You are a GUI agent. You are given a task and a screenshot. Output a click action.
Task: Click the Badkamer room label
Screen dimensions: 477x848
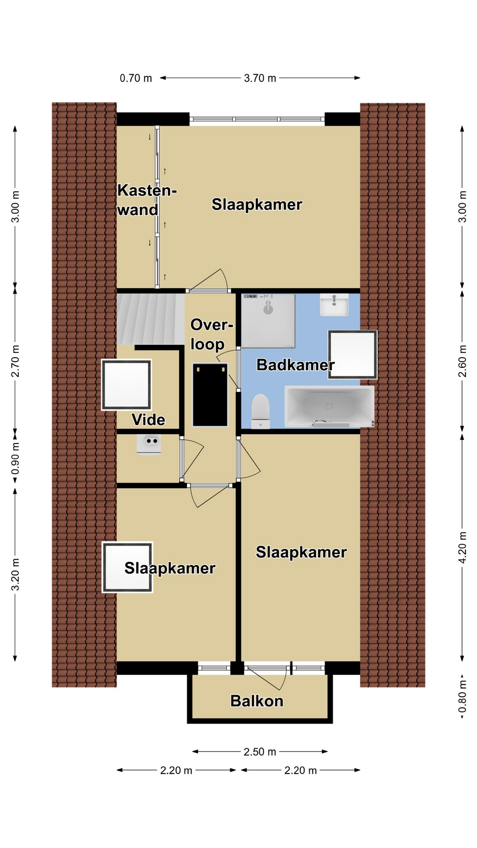tap(295, 365)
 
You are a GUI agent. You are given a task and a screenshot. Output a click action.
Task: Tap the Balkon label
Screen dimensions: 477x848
tap(257, 701)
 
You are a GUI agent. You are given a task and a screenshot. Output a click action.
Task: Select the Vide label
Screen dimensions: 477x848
tap(148, 420)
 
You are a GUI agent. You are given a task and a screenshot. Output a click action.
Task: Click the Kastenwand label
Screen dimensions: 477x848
tap(147, 200)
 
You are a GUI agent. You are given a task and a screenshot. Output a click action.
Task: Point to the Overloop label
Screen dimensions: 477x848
tap(211, 334)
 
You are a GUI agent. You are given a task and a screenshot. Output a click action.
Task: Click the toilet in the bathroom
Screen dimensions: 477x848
tap(260, 411)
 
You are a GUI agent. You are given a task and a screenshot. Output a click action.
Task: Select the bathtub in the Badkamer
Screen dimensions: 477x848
tap(329, 406)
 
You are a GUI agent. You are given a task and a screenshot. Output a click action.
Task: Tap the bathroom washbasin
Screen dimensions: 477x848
tap(334, 305)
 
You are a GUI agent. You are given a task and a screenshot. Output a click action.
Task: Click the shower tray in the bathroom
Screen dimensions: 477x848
tap(268, 321)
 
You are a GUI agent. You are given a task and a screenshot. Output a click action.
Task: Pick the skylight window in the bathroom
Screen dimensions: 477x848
tap(352, 355)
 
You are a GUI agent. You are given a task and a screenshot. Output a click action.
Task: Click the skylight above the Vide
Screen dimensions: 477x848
tap(126, 385)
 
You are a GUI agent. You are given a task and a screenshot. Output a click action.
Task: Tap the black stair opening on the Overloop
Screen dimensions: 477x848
tap(210, 394)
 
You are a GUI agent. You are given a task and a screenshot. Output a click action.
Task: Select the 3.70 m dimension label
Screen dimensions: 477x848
tap(260, 78)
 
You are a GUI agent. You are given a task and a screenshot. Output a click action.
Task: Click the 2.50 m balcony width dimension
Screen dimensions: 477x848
tap(260, 752)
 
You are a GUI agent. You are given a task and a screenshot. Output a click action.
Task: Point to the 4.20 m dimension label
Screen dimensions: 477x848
tap(462, 547)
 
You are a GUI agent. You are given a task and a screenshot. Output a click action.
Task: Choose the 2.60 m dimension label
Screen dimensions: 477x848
tap(462, 361)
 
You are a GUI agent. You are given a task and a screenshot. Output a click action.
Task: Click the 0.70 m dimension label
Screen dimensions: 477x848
tap(136, 78)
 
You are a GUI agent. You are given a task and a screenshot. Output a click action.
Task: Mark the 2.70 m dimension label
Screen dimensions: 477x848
tap(15, 361)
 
